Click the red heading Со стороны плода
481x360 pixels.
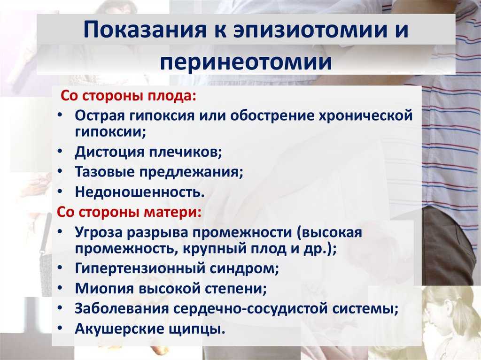pyautogui.click(x=128, y=96)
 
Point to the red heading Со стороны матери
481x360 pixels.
pyautogui.click(x=129, y=212)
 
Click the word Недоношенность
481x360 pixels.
pyautogui.click(x=140, y=192)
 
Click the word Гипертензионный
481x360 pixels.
pyautogui.click(x=140, y=268)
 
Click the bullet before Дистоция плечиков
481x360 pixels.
pyautogui.click(x=61, y=151)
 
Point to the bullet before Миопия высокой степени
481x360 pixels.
pyautogui.click(x=61, y=287)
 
